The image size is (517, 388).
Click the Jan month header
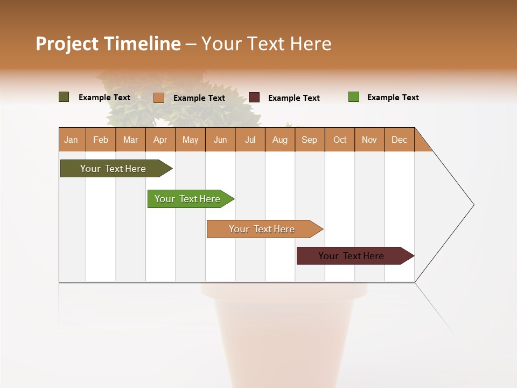tap(72, 140)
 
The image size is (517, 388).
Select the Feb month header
tap(101, 140)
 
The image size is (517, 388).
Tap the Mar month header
tap(130, 140)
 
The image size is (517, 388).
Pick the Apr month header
tap(160, 140)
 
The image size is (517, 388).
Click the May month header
tap(190, 140)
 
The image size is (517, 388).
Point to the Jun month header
tap(220, 140)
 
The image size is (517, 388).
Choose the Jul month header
tap(250, 140)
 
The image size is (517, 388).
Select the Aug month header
tap(280, 140)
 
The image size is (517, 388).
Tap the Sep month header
tap(310, 140)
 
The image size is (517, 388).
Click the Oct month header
tap(340, 140)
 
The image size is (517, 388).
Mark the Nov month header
tap(369, 140)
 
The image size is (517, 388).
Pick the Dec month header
tap(400, 140)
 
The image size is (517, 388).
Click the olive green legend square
tap(64, 97)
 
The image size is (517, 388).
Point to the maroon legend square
tap(254, 97)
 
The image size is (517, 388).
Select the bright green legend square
tap(353, 97)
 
